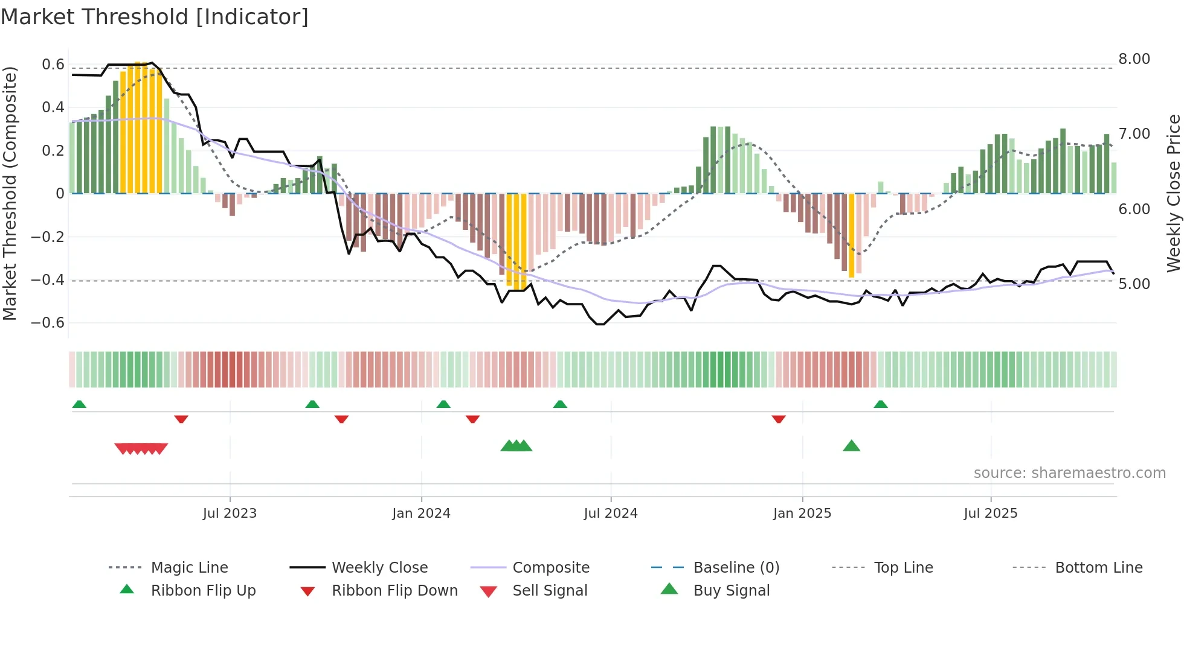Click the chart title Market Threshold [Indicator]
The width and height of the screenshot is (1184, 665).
point(155,17)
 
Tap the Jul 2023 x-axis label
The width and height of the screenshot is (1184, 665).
point(230,514)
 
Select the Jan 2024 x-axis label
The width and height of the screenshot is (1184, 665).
point(421,514)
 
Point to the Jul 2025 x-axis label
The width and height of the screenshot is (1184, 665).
point(990,514)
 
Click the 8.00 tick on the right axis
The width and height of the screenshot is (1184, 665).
point(1134,59)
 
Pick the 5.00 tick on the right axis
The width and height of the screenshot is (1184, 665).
point(1134,284)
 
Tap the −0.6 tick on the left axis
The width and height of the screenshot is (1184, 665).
point(48,323)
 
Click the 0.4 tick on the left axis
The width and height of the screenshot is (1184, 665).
point(53,107)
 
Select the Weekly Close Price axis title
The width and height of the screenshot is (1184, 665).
point(1173,193)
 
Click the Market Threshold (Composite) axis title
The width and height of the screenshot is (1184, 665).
point(10,193)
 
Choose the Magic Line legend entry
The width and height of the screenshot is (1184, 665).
point(189,568)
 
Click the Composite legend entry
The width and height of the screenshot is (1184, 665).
point(550,568)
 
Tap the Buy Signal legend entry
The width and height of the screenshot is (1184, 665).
point(731,591)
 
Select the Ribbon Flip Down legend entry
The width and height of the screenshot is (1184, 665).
point(394,591)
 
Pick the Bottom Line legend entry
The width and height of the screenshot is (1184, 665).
point(1098,568)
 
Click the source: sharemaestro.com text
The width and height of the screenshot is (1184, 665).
point(1069,473)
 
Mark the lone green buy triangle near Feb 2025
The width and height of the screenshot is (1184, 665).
point(851,447)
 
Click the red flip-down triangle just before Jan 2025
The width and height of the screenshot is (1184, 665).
point(779,419)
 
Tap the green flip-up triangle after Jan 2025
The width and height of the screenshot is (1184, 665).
point(881,404)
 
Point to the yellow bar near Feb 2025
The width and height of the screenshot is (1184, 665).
point(851,235)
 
